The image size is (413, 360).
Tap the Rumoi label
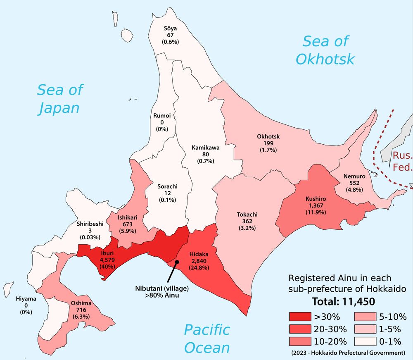tap(159, 116)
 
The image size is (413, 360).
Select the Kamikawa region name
tap(205, 147)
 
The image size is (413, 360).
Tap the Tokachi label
tap(247, 215)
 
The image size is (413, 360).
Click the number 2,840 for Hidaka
tap(199, 261)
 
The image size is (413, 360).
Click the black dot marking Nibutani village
tap(177, 262)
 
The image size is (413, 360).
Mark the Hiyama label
tap(26, 298)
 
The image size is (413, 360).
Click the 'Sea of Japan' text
tap(60, 98)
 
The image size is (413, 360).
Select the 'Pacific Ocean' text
tap(206, 339)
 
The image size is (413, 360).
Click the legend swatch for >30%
tap(300, 317)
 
